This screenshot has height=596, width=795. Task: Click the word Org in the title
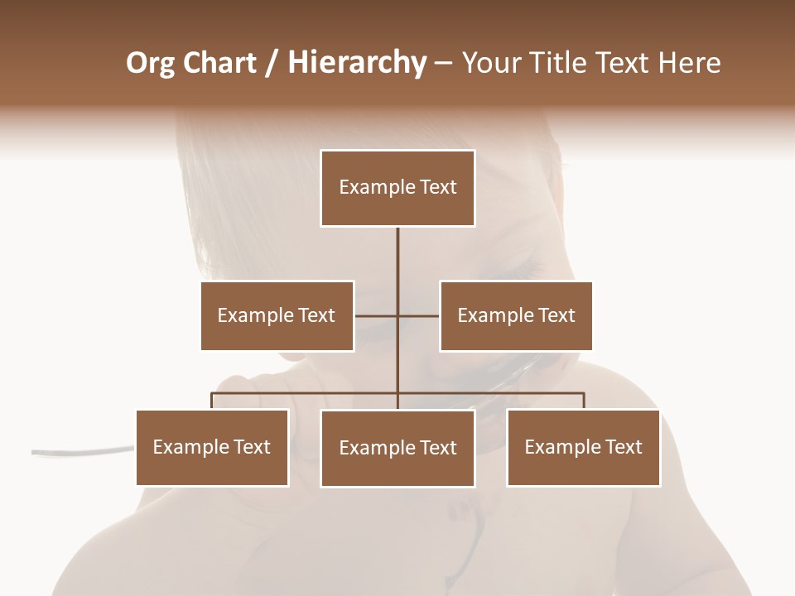click(152, 63)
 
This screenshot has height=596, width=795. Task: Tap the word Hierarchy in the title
click(356, 63)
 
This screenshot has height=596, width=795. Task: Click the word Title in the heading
click(560, 63)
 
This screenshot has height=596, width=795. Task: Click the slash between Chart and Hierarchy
click(272, 64)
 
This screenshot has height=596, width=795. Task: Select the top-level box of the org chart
click(397, 188)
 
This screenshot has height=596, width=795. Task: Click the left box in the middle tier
click(277, 315)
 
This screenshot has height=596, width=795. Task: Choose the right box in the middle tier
click(516, 315)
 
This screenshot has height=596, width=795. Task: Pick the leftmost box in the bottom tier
click(212, 448)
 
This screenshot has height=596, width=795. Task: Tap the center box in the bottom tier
click(397, 449)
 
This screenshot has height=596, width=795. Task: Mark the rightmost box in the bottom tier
click(583, 448)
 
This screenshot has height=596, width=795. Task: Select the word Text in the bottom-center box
click(437, 449)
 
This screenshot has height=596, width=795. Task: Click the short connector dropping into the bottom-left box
click(212, 401)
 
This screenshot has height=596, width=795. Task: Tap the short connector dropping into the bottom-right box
click(583, 401)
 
